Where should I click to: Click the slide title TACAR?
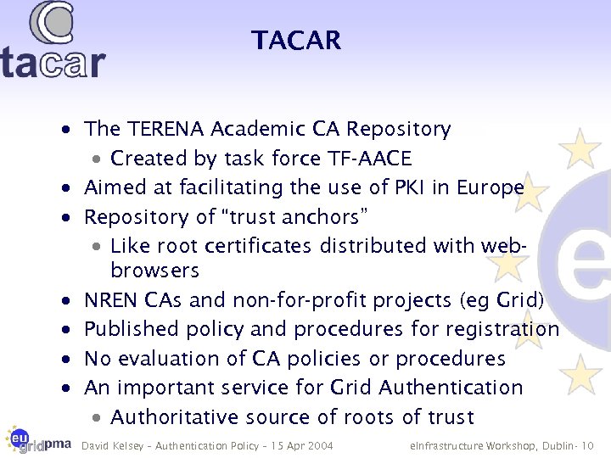coord(295,41)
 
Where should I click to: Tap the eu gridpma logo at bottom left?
coord(37,440)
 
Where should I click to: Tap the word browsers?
coord(154,271)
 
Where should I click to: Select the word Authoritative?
coord(177,416)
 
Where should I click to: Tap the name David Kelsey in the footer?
coord(110,445)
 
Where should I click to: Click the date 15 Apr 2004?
coord(302,445)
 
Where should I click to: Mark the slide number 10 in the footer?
coord(587,445)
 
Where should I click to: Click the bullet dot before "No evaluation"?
coord(65,360)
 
